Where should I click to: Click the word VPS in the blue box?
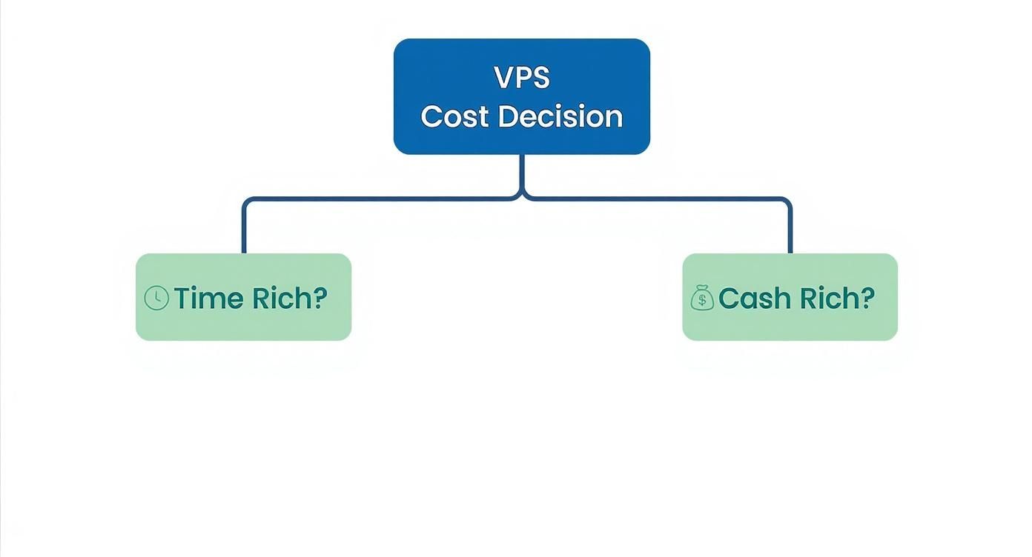(521, 78)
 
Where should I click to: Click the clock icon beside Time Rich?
(156, 298)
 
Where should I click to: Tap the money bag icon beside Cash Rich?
(702, 298)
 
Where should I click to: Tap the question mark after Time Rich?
(320, 298)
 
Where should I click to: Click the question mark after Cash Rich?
(867, 298)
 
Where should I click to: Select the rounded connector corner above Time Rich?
(247, 201)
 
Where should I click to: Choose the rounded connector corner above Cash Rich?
(787, 201)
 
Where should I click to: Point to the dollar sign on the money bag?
(702, 301)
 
